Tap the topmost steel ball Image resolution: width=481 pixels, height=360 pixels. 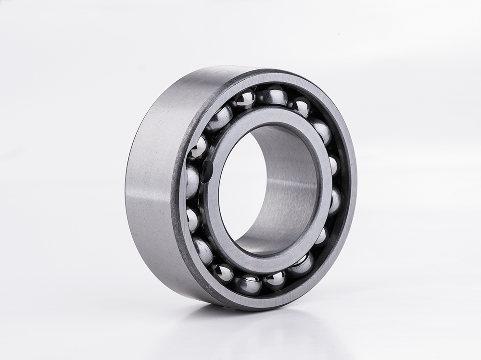point(272,95)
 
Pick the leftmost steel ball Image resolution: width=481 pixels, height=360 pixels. point(191,182)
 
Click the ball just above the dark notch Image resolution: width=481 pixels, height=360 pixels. point(197,147)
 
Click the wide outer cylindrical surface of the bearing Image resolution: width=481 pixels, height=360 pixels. point(149,183)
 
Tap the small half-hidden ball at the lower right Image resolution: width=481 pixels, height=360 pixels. point(321,236)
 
